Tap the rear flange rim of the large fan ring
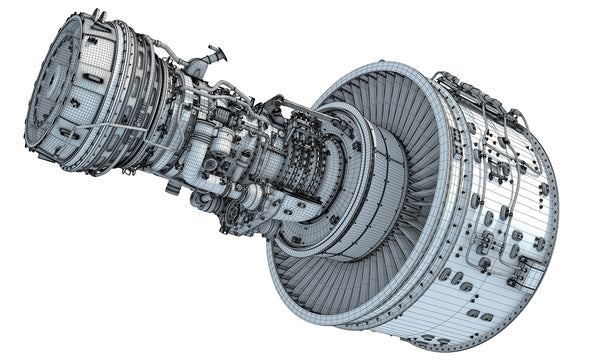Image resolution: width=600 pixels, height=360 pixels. pyautogui.click(x=290, y=270)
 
